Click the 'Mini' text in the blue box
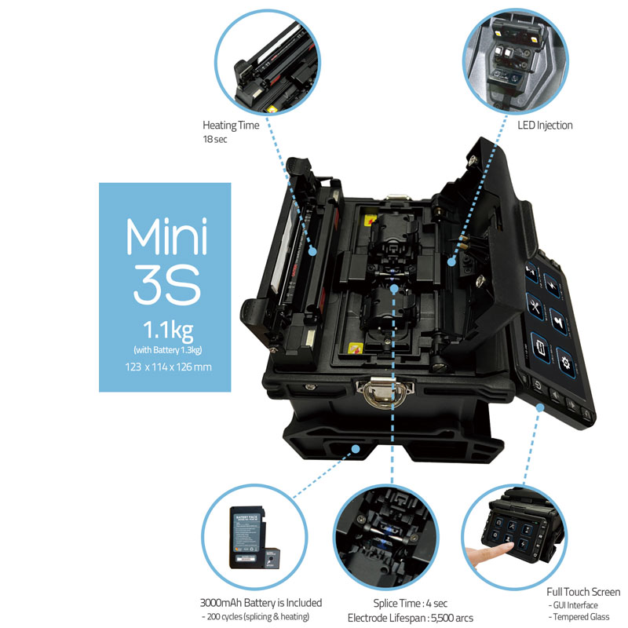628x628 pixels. point(166,236)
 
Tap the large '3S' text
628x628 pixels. point(167,284)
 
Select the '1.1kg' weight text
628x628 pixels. point(168,330)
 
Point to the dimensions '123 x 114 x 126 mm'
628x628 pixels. point(168,367)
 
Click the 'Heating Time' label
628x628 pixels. point(231,126)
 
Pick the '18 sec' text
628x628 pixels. point(214,140)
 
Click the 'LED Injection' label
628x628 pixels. point(545,126)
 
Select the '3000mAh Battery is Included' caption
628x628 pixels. point(261,603)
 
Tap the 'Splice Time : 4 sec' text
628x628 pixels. point(410,603)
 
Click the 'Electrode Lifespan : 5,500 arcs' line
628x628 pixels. point(410,618)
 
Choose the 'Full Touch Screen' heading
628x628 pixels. point(583,592)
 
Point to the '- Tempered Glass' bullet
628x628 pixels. point(579,617)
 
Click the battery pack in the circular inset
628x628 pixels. point(249,537)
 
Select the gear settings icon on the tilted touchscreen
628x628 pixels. point(565,363)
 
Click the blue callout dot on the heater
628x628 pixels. point(312,251)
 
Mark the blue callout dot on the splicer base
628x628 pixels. point(356,449)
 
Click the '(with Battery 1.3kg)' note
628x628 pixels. point(168,350)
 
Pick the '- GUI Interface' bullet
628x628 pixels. point(574,605)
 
